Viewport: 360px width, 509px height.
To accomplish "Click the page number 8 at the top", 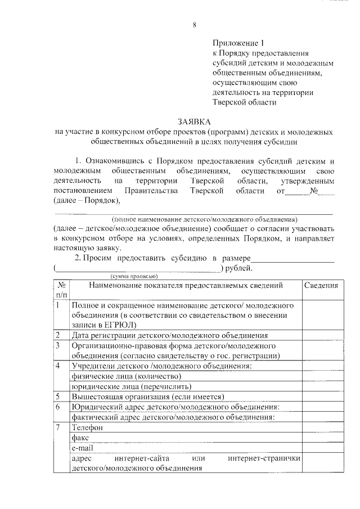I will coord(195,25).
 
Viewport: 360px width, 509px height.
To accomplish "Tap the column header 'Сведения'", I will coord(321,286).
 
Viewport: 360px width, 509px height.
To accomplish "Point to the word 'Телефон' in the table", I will coord(87,427).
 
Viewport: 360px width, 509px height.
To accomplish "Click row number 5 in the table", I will coord(58,397).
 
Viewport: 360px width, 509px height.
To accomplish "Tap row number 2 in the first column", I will coord(58,336).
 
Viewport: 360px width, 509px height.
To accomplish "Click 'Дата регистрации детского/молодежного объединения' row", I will coord(169,336).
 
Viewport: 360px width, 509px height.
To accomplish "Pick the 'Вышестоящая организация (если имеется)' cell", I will coord(148,397).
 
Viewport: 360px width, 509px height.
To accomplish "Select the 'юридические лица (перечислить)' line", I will coord(131,386).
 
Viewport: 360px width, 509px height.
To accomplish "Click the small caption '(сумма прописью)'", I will coord(134,276).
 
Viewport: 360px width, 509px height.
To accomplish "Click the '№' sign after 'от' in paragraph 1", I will coord(315,191).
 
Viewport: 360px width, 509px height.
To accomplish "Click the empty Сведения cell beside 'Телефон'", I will coord(321,427).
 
